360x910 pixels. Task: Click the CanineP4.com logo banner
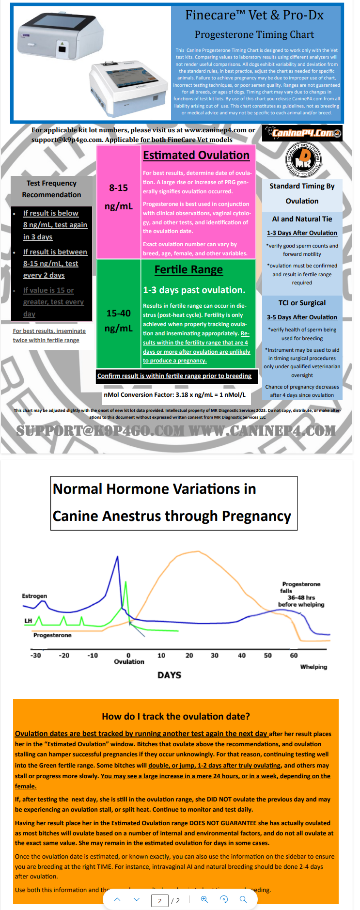[x=302, y=133]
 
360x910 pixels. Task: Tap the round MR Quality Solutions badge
[x=303, y=160]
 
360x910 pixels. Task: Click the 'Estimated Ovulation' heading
[x=196, y=156]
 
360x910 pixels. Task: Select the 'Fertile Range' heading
[x=188, y=270]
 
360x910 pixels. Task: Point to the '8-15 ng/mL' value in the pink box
[x=119, y=197]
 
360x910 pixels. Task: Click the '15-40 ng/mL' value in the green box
[x=119, y=320]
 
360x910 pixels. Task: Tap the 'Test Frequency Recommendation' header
[x=51, y=189]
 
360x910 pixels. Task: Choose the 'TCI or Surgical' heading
[x=302, y=303]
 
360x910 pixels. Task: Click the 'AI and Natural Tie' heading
[x=302, y=219]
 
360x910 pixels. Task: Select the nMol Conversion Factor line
[x=174, y=395]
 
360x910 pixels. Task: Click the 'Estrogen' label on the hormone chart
[x=34, y=596]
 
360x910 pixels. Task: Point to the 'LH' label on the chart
[x=28, y=621]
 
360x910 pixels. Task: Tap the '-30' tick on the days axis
[x=36, y=656]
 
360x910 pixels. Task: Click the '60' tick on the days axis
[x=294, y=656]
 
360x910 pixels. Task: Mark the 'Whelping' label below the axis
[x=313, y=667]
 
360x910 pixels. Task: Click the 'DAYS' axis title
[x=169, y=675]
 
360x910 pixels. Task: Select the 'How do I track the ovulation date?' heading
[x=176, y=717]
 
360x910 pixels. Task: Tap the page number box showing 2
[x=160, y=901]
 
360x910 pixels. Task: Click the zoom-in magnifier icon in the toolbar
[x=204, y=899]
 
